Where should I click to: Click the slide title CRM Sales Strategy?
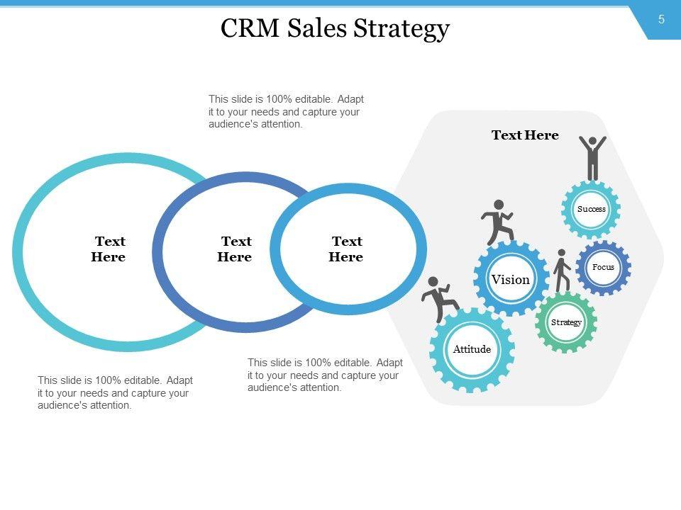pyautogui.click(x=335, y=29)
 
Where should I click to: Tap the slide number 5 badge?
pyautogui.click(x=661, y=20)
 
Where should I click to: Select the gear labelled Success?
pyautogui.click(x=591, y=209)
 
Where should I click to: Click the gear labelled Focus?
pyautogui.click(x=603, y=267)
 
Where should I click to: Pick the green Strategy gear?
pyautogui.click(x=565, y=322)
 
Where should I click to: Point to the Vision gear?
pyautogui.click(x=511, y=279)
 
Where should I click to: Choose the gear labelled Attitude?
pyautogui.click(x=472, y=349)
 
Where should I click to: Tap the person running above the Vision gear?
pyautogui.click(x=497, y=222)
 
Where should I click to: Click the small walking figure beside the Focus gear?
pyautogui.click(x=562, y=270)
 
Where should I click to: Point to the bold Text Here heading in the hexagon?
pyautogui.click(x=525, y=135)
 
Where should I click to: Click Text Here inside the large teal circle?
pyautogui.click(x=109, y=249)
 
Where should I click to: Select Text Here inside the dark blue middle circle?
pyautogui.click(x=235, y=249)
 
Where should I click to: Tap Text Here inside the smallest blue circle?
pyautogui.click(x=346, y=249)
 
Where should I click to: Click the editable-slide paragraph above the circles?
pyautogui.click(x=286, y=112)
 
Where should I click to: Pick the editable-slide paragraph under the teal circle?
pyautogui.click(x=115, y=392)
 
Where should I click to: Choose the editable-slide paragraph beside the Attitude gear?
pyautogui.click(x=325, y=375)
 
